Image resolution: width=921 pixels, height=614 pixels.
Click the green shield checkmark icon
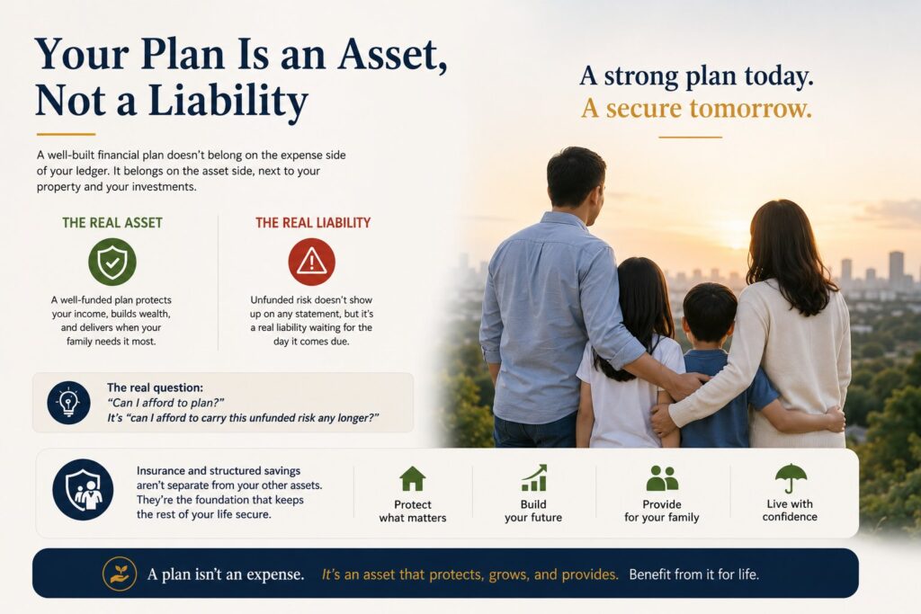112,262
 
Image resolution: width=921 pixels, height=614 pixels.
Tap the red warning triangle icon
311,262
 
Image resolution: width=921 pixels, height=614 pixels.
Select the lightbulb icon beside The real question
68,403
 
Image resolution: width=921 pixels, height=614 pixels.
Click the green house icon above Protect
412,478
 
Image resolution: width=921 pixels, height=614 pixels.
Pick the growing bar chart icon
534,478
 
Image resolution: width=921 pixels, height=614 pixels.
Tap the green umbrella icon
791,478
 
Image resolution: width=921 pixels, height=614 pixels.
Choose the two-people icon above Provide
662,478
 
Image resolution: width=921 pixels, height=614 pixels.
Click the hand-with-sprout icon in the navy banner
120,574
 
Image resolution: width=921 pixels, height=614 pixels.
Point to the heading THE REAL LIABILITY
312,222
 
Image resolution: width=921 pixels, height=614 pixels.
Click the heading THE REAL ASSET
112,222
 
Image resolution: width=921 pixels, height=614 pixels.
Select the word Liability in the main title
228,101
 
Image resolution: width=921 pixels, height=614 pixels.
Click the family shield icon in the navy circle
83,490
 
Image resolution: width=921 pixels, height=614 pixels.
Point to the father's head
575,178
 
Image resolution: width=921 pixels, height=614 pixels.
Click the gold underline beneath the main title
66,134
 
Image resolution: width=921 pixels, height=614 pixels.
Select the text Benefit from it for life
693,574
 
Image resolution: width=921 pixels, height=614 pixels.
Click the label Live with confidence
790,510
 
